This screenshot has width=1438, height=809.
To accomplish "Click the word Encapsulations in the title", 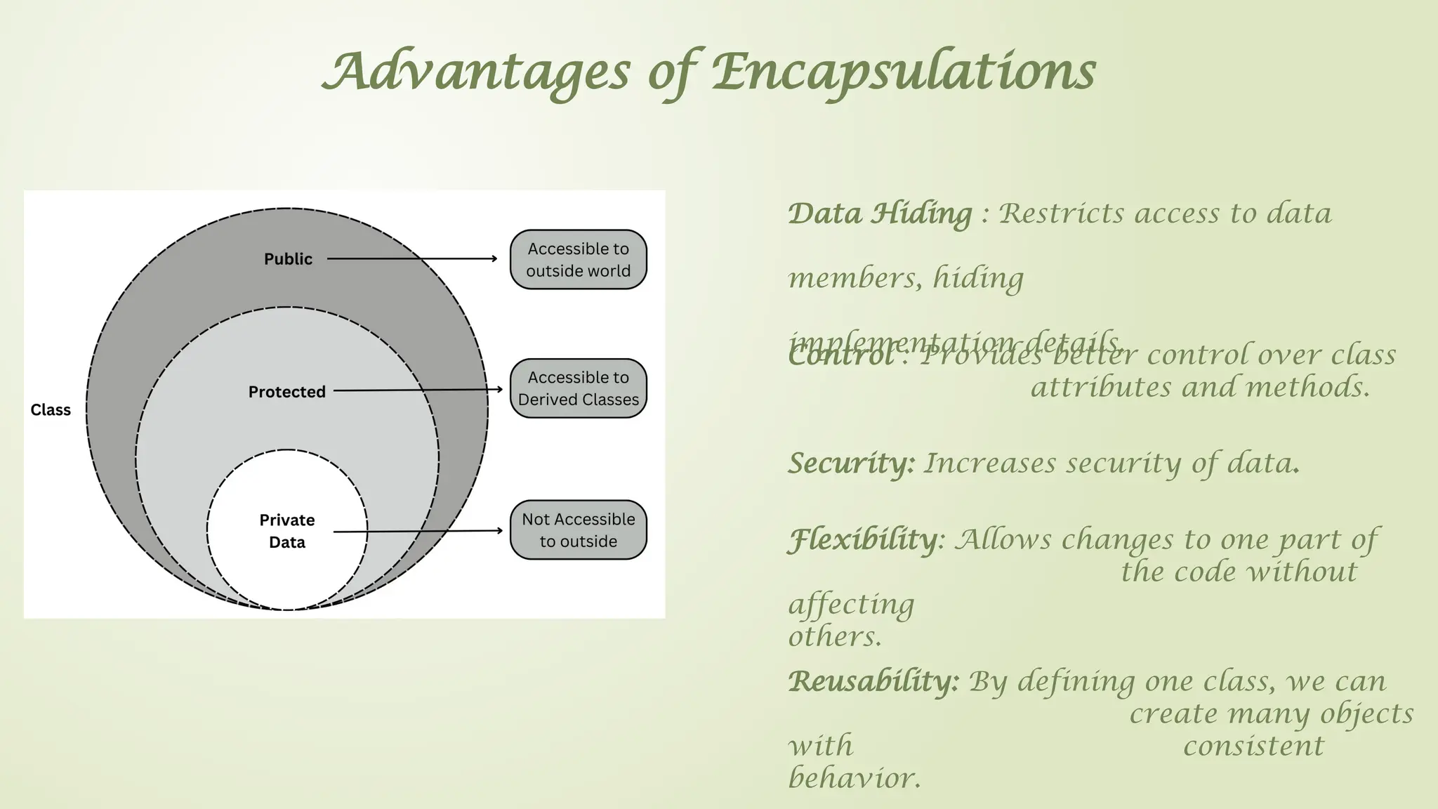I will pos(904,72).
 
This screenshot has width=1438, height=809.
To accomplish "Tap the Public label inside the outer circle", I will pos(288,259).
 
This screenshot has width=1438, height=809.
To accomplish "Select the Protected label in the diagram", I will pos(286,392).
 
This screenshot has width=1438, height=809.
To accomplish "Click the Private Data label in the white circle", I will pos(286,531).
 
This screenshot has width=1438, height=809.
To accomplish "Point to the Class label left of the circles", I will pos(51,410).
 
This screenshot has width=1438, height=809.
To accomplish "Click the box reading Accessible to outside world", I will pos(578,260).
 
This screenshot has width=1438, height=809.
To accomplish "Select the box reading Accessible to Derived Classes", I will pos(578,388).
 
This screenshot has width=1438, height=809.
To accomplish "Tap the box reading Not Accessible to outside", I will pos(578,530).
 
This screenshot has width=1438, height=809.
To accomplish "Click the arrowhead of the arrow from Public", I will pos(494,258).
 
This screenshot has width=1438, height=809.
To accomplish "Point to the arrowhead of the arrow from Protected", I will pos(499,389).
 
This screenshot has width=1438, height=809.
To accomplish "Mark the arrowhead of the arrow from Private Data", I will pos(499,531).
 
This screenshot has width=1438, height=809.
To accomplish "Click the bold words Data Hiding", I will pos(880,213).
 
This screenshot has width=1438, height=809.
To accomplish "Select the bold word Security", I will pos(851,463).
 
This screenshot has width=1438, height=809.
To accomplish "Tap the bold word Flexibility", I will pos(863,539).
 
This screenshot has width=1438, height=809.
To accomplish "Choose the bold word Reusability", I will pos(873,681).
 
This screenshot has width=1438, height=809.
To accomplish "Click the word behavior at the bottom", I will pos(855,778).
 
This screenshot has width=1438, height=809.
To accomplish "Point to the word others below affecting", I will pos(835,637).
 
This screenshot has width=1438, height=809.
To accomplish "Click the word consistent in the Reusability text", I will pos(1253,746).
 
